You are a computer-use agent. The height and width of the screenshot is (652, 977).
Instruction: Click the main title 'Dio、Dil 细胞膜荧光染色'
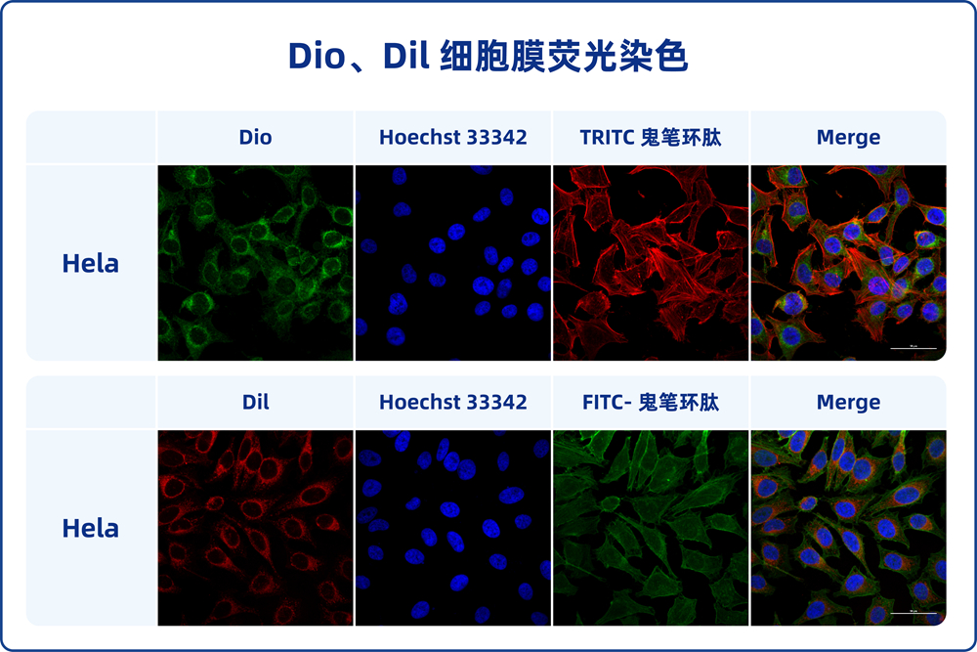[x=488, y=56]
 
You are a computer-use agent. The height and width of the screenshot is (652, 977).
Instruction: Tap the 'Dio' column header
[x=255, y=138]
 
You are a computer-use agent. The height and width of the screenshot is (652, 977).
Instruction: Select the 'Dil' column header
[x=255, y=402]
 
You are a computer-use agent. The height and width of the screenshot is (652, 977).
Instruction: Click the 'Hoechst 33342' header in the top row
[x=452, y=138]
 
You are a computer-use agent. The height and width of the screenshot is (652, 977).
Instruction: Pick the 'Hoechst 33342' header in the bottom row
[x=452, y=402]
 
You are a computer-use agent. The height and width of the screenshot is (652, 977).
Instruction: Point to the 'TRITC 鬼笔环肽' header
[x=650, y=138]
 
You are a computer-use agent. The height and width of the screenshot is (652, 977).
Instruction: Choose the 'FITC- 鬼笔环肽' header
[x=650, y=402]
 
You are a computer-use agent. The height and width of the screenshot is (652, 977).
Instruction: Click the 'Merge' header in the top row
[x=848, y=138]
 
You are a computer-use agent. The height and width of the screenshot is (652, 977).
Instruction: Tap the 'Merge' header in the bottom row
[x=848, y=402]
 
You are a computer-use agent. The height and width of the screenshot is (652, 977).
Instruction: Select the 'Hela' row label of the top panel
[x=90, y=263]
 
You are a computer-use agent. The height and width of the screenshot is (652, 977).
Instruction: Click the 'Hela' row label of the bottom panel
[x=90, y=528]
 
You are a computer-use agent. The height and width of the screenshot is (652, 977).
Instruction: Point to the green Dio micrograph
[x=255, y=262]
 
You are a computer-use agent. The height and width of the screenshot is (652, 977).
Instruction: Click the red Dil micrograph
[x=255, y=528]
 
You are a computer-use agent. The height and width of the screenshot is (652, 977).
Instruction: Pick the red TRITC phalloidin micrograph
[x=650, y=262]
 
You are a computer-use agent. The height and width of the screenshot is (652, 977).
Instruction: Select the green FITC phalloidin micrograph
[x=650, y=528]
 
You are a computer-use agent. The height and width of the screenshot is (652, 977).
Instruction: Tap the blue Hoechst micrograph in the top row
[x=452, y=262]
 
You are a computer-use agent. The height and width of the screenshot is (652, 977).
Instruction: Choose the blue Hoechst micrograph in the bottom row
[x=452, y=528]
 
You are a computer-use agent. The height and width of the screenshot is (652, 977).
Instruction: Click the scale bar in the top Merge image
[x=913, y=348]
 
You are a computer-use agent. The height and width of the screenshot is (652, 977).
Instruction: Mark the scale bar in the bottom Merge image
[x=913, y=613]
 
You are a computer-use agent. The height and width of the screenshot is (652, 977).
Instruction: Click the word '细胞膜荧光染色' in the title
[x=564, y=56]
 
